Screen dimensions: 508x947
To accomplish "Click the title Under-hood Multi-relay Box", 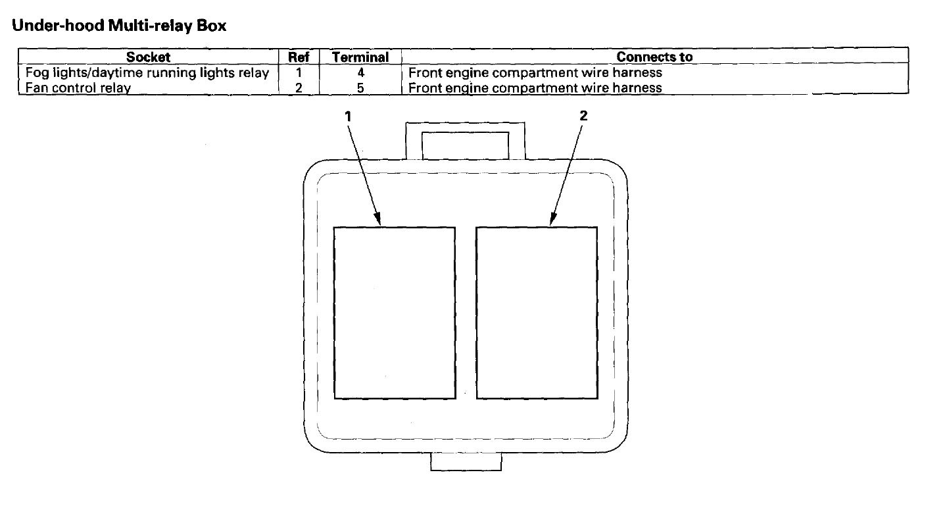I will (x=119, y=26).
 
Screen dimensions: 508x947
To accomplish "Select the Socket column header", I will (x=148, y=57).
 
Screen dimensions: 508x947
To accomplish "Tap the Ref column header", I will (x=299, y=57).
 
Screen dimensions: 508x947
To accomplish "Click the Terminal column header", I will (x=360, y=57).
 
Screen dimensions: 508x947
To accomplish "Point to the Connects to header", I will (x=654, y=57).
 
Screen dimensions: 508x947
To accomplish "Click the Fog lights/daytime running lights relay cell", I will (x=147, y=72).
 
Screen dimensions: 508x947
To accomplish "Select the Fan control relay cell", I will (x=78, y=88).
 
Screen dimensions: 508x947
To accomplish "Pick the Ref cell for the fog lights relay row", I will (x=299, y=72).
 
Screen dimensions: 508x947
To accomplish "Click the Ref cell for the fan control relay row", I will (x=299, y=88).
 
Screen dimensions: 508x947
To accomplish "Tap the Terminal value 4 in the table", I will (x=360, y=72).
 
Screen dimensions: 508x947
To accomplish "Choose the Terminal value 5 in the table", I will (x=360, y=88).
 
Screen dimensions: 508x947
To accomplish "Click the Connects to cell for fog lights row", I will (x=535, y=72).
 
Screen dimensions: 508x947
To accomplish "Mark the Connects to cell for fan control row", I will (x=535, y=88).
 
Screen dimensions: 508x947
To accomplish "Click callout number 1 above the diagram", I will (x=348, y=116).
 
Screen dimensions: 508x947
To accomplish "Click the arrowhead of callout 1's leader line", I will (x=378, y=220).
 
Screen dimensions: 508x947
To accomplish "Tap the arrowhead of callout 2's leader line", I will (x=554, y=220).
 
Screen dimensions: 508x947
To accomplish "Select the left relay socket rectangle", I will (x=395, y=313).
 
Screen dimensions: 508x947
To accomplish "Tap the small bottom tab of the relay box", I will (x=466, y=462).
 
